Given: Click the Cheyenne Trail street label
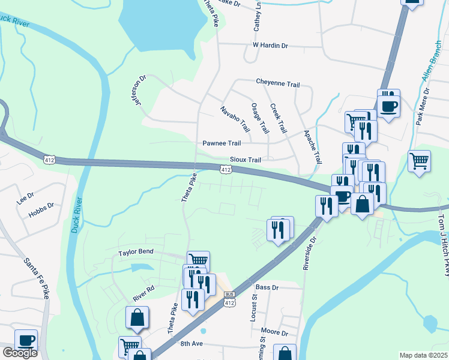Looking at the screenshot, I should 277,84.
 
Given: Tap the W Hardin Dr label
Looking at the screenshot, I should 270,45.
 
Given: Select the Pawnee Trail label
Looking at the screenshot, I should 221,143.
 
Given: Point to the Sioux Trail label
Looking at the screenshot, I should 246,160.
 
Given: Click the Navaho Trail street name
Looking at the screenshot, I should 235,119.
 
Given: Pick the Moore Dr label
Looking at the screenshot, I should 275,332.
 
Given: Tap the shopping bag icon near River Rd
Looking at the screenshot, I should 137,317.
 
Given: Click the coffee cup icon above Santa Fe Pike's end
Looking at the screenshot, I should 26,340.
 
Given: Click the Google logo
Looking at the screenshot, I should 20,353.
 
